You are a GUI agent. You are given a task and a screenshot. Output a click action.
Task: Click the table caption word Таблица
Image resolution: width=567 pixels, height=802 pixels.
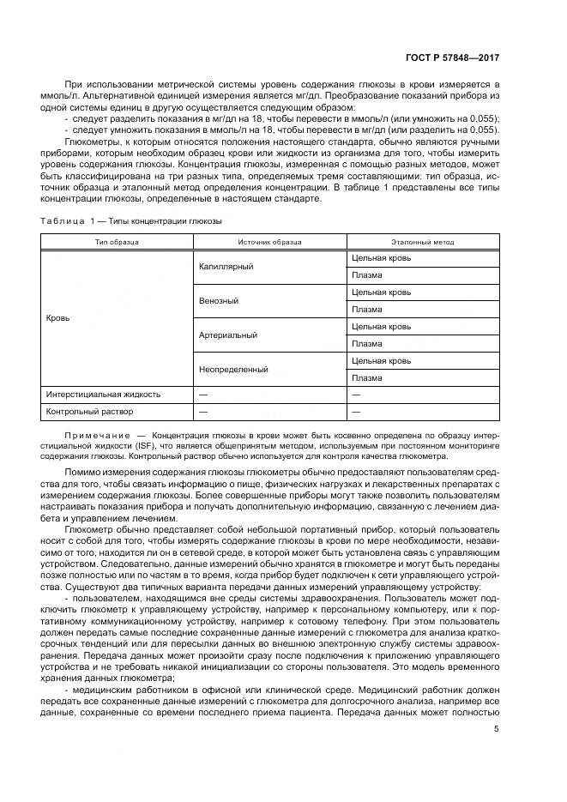click(x=63, y=220)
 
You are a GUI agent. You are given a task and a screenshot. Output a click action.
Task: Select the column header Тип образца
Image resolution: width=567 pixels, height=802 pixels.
click(x=117, y=243)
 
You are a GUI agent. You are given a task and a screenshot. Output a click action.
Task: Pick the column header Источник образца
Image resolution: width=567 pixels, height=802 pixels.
click(x=269, y=243)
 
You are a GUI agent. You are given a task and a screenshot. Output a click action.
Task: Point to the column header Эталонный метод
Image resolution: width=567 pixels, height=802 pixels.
click(x=423, y=243)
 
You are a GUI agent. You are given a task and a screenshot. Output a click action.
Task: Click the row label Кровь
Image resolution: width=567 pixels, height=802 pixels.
click(x=57, y=317)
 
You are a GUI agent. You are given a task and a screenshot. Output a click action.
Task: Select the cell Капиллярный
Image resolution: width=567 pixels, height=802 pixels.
click(x=226, y=267)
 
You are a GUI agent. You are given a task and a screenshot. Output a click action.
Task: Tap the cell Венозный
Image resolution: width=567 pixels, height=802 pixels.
click(x=219, y=301)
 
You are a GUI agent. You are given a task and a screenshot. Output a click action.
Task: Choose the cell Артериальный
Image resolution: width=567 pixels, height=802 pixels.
click(x=227, y=335)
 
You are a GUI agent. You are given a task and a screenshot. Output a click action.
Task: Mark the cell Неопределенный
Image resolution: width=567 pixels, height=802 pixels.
click(x=233, y=369)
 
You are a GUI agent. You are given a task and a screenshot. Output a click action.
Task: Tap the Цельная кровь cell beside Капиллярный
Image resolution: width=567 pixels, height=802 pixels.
click(x=381, y=257)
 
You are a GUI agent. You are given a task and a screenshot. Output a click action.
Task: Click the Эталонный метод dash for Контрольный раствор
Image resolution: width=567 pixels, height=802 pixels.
click(x=355, y=412)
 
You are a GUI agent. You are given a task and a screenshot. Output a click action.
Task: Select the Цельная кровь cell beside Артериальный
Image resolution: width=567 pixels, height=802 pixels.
click(x=381, y=326)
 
